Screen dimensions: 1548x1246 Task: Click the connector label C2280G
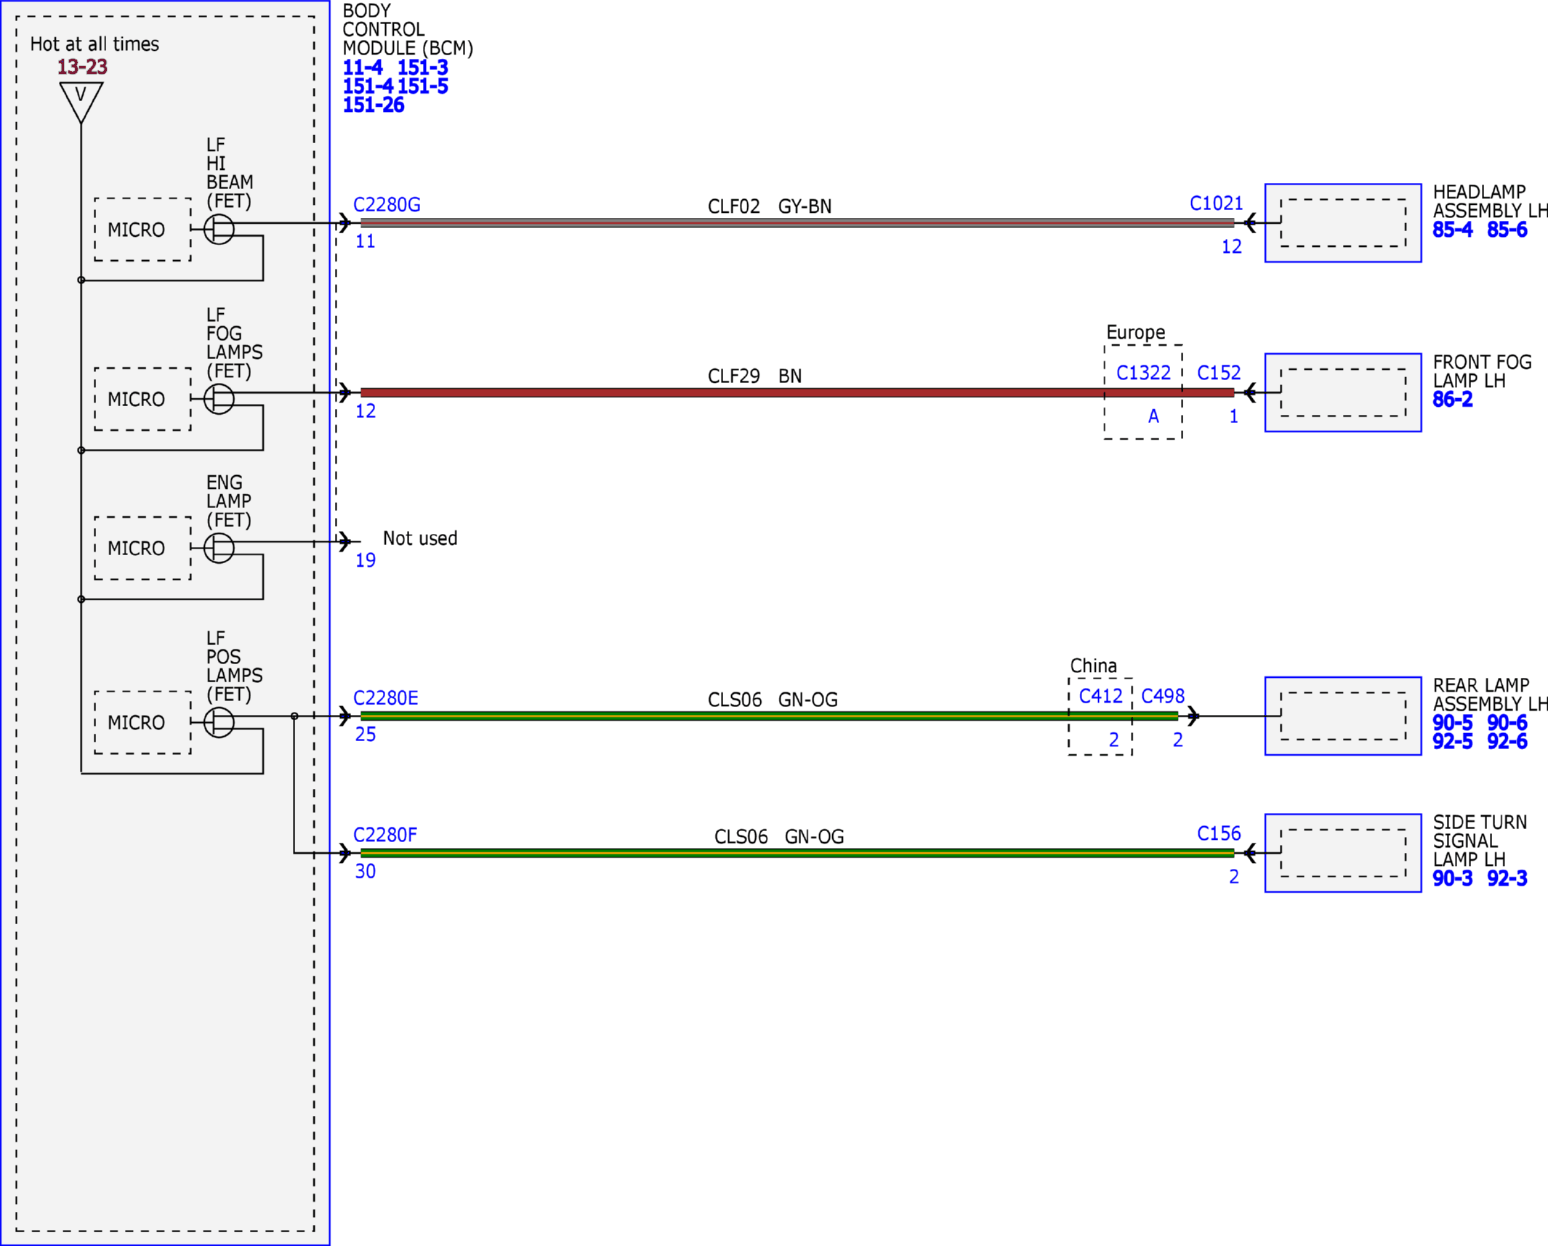387,205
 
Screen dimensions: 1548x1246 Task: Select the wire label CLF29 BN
754,376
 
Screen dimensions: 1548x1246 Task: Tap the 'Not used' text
420,538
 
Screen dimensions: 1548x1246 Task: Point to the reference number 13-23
82,67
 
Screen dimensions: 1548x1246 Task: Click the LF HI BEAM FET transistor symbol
219,230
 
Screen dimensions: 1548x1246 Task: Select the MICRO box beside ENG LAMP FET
142,549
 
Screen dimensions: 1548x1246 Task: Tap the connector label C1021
1216,203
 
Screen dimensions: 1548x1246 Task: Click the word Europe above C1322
1135,333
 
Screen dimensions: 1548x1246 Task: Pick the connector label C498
1163,696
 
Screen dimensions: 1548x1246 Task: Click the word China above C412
1093,666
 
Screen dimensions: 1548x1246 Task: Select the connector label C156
1219,833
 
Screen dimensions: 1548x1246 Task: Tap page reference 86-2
1452,400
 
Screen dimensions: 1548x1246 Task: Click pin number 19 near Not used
365,560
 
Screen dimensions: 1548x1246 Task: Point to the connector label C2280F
385,835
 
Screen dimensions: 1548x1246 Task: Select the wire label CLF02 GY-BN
770,206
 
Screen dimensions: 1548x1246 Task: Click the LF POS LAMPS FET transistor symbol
219,723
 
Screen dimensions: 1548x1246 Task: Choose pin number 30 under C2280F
365,871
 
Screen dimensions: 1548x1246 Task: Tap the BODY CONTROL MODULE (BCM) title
408,30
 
